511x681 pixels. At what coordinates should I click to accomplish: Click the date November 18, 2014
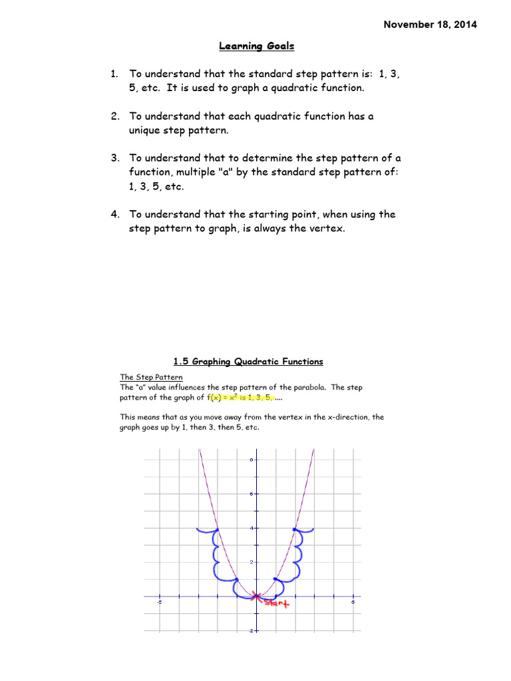[430, 25]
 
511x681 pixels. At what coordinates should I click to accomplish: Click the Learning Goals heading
[257, 46]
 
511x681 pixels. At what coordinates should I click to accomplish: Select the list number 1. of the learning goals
[114, 74]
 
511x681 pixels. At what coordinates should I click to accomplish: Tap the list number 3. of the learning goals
[114, 158]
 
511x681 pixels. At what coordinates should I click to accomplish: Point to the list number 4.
[114, 214]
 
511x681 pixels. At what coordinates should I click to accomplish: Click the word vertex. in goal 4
[326, 229]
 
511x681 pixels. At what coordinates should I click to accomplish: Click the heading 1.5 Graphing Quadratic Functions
[248, 362]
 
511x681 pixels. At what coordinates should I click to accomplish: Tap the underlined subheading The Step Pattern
[146, 377]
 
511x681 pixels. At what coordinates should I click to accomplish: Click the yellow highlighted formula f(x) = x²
[226, 398]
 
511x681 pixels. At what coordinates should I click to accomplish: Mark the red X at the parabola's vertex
[257, 597]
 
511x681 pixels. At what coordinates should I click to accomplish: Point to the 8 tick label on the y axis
[251, 460]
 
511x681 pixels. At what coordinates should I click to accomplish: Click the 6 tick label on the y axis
[251, 493]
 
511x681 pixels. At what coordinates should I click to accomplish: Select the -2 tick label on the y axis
[250, 630]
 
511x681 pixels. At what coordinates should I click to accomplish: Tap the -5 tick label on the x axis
[159, 603]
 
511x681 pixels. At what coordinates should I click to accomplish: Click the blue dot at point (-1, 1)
[238, 579]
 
